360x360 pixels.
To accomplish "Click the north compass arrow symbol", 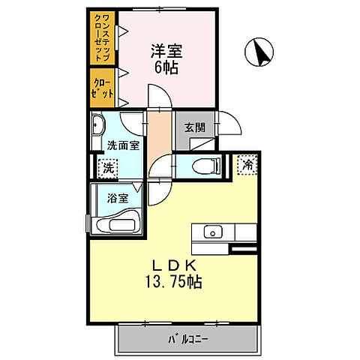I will tap(262, 52).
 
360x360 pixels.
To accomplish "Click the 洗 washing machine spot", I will tap(107, 168).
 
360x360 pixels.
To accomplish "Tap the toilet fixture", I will tap(203, 166).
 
